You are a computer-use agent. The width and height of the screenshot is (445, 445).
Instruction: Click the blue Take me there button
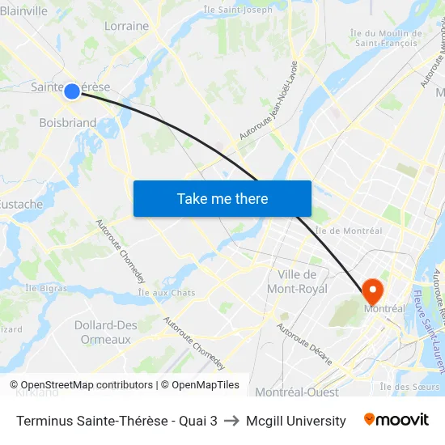click(x=222, y=198)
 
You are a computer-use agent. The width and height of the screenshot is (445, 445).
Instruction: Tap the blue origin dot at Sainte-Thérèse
click(x=72, y=91)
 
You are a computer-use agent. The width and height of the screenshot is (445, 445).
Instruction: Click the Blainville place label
click(x=24, y=11)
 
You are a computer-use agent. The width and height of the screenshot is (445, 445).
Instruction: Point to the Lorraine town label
click(x=127, y=26)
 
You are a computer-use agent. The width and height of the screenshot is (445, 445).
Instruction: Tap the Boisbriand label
click(x=68, y=123)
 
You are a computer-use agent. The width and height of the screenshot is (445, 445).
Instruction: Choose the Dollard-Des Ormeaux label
click(x=106, y=333)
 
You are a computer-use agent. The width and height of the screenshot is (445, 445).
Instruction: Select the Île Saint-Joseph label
click(x=239, y=10)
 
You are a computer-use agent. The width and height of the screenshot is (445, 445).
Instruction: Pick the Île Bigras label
click(x=45, y=288)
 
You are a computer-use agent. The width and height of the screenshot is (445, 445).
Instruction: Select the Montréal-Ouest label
click(x=296, y=392)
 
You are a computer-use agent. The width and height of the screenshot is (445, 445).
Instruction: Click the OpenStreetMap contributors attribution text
click(x=87, y=385)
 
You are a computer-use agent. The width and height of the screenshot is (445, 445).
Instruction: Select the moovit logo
click(x=396, y=420)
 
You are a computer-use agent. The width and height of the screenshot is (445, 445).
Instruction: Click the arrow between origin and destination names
click(x=231, y=421)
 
